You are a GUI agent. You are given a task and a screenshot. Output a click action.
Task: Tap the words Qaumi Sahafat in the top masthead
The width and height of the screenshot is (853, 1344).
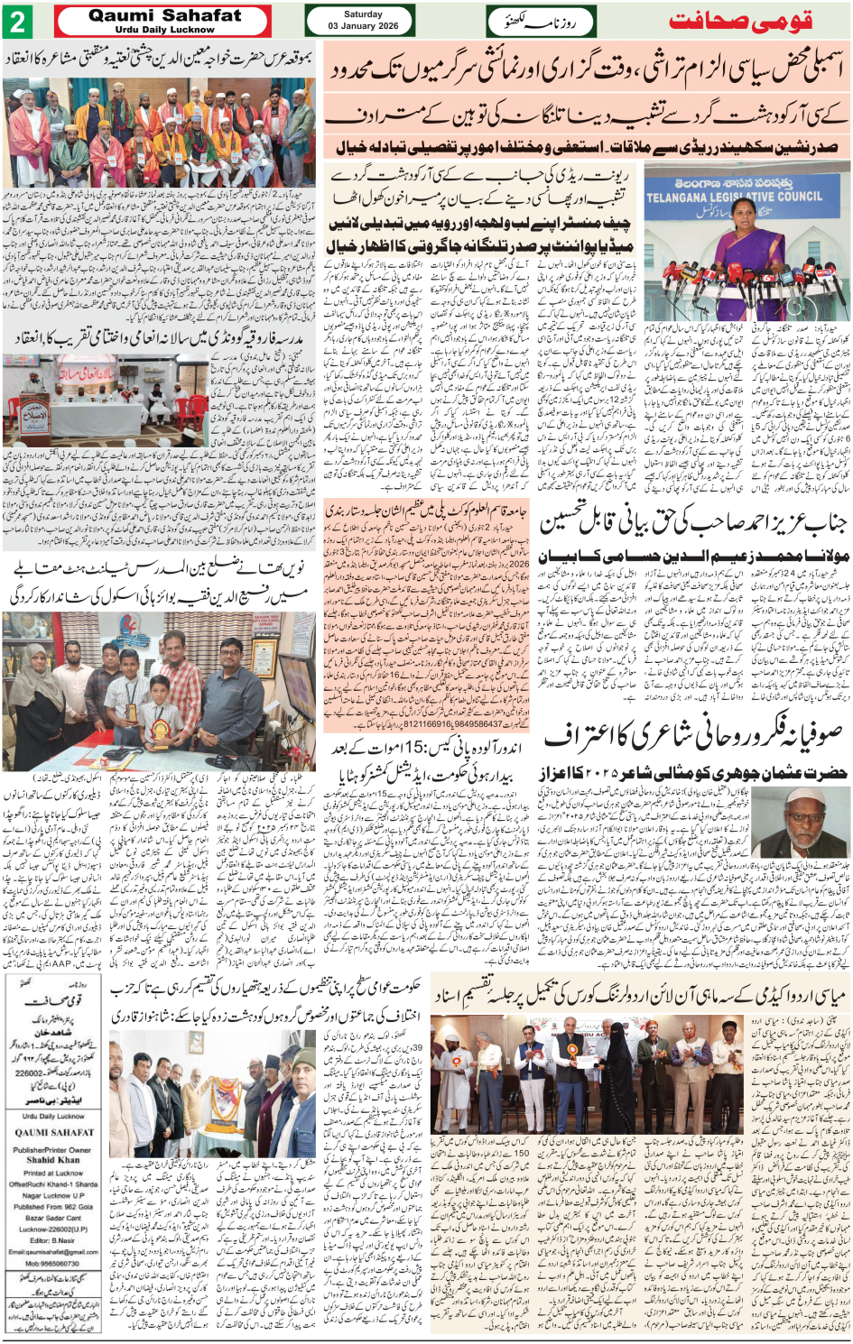[165, 15]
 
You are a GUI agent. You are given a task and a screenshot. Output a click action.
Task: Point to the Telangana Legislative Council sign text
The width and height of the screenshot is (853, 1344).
[733, 196]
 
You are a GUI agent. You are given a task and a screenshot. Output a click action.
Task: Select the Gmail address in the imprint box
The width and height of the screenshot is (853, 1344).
[54, 1252]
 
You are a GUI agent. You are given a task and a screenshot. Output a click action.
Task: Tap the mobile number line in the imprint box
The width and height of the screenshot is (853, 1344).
[53, 1263]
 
